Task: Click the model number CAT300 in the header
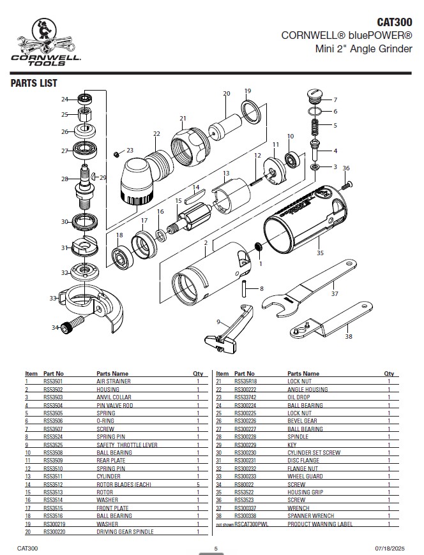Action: pos(394,22)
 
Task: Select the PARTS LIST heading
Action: pos(34,83)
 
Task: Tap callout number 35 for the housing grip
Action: pos(320,253)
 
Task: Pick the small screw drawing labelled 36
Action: pos(348,185)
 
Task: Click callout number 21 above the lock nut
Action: pos(183,118)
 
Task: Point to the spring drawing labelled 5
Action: pos(315,127)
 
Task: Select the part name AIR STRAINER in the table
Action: pos(114,381)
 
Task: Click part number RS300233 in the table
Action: pos(245,477)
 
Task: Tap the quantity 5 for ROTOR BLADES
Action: pos(198,484)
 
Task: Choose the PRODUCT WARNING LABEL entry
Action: pos(320,524)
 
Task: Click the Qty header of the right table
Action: pos(389,373)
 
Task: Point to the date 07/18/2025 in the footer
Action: pos(390,548)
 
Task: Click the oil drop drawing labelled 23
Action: pos(116,154)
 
